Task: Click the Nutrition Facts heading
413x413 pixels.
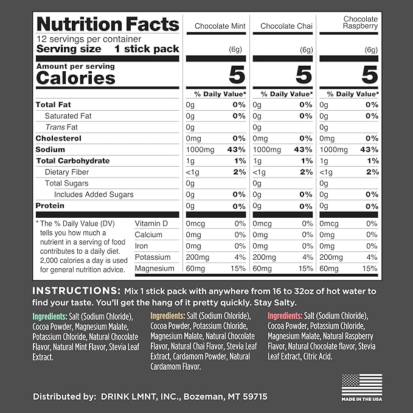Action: point(108,24)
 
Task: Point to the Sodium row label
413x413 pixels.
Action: point(50,150)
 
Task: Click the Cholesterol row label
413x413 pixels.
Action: point(58,138)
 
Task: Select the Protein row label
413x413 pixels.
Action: point(50,206)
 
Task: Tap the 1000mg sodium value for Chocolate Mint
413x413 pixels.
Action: point(200,150)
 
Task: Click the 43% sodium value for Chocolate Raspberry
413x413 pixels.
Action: point(368,150)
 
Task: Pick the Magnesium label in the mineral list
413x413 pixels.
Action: point(154,268)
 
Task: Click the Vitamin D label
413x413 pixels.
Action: point(151,223)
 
